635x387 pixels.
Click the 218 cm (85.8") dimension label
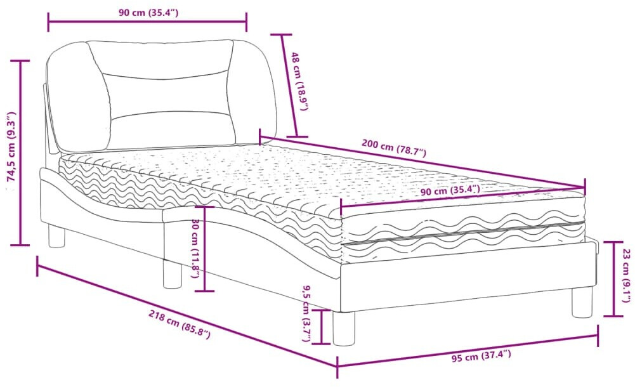pyautogui.click(x=179, y=324)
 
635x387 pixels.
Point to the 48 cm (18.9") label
pyautogui.click(x=299, y=82)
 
